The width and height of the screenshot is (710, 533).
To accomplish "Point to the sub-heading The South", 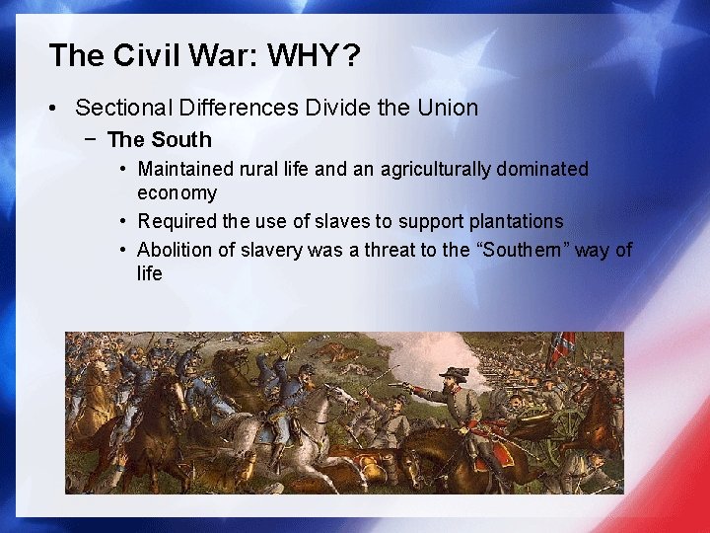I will [x=159, y=140].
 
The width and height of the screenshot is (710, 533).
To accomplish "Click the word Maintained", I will [x=187, y=170].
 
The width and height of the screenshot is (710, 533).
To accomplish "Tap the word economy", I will [x=177, y=193].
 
